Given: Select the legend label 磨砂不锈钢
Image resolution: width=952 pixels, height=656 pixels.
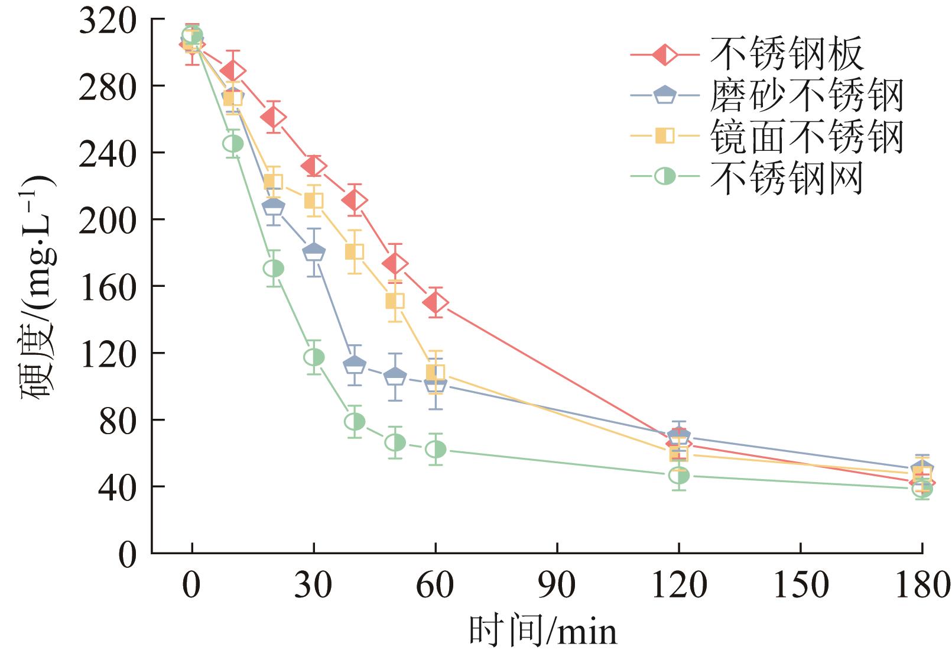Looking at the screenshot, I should coord(807,95).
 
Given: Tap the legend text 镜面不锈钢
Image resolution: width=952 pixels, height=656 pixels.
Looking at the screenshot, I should coord(807,136).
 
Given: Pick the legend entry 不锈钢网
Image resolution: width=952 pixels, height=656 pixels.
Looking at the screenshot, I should coord(787,177).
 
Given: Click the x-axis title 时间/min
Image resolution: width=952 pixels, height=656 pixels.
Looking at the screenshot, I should coord(543,631).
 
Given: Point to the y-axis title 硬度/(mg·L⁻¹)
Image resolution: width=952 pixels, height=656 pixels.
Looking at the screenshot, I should coord(37,287).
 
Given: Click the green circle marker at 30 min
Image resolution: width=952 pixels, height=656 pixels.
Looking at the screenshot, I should coord(314,357).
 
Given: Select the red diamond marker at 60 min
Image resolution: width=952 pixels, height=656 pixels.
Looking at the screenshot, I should coord(436,303).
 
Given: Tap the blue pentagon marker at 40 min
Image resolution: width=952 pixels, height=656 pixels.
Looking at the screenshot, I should coord(355,365).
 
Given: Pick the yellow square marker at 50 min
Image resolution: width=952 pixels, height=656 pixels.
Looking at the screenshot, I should coord(395,301).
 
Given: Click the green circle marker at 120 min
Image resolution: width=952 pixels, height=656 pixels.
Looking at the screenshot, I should coord(679,476).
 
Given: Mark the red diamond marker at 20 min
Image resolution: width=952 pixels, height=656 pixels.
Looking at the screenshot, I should coord(273,117).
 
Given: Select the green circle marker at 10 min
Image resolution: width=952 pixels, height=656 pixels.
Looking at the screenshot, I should coord(233,144).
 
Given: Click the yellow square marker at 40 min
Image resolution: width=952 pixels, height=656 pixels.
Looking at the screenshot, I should coord(355,252).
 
